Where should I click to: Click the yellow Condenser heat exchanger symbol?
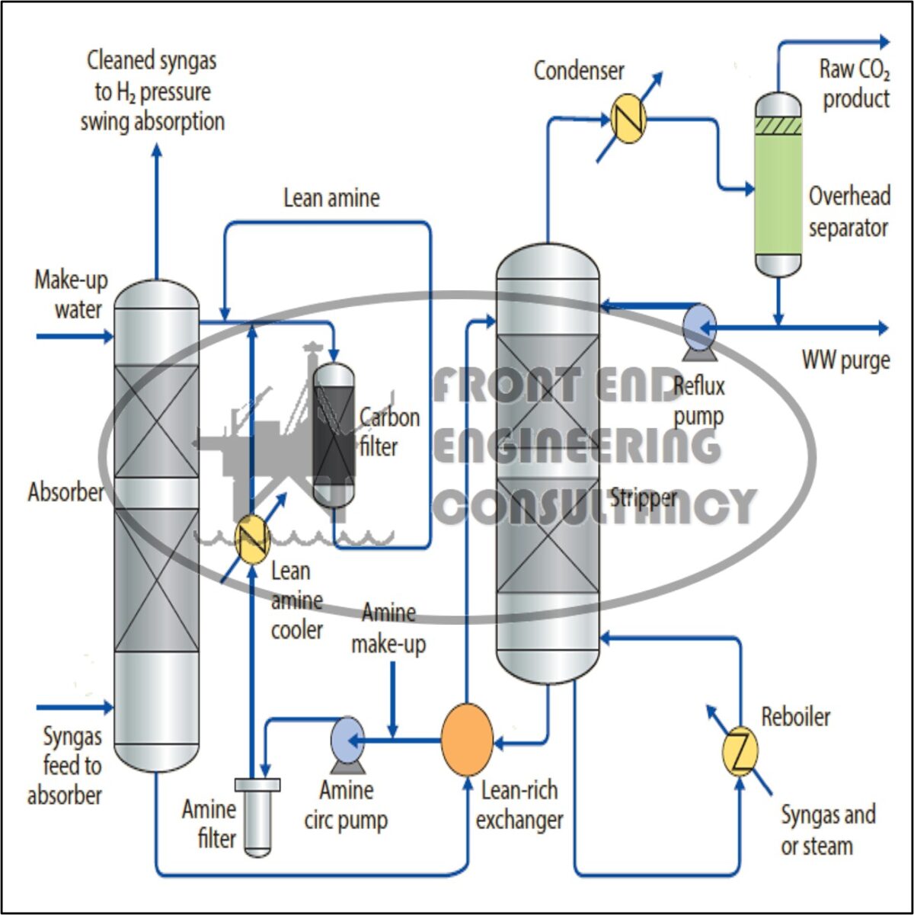click(x=628, y=118)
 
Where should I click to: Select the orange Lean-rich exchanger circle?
click(x=467, y=740)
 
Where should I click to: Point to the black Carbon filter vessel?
click(x=334, y=434)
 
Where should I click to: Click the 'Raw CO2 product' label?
click(x=854, y=84)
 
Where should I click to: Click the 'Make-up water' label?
click(x=71, y=295)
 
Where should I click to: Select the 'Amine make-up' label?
click(x=388, y=629)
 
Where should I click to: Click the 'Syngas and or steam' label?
click(x=827, y=830)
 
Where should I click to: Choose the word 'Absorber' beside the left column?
click(x=66, y=492)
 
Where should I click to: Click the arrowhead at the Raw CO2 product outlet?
click(x=884, y=42)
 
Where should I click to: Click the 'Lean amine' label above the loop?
click(x=331, y=198)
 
